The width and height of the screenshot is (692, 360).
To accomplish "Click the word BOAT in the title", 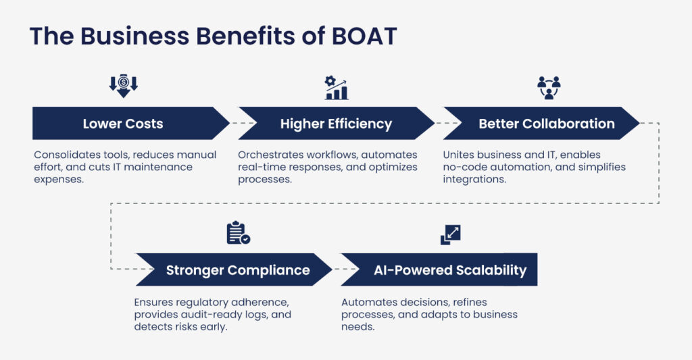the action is click(x=364, y=36).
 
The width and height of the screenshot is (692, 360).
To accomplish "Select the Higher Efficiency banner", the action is click(x=337, y=123).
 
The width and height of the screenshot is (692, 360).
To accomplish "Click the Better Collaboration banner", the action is click(x=541, y=123).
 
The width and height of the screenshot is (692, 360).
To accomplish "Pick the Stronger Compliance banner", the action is click(x=234, y=269).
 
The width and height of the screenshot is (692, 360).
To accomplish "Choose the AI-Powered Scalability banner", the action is click(x=439, y=269).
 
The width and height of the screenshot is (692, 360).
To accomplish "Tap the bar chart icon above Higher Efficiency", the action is click(x=337, y=88).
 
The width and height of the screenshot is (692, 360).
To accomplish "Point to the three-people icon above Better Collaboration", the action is click(x=549, y=87).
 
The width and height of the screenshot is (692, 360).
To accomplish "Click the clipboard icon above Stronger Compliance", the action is click(x=239, y=232).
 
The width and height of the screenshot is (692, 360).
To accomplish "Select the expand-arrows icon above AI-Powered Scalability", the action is click(x=451, y=234).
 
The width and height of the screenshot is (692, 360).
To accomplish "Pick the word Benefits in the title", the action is click(x=245, y=36).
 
